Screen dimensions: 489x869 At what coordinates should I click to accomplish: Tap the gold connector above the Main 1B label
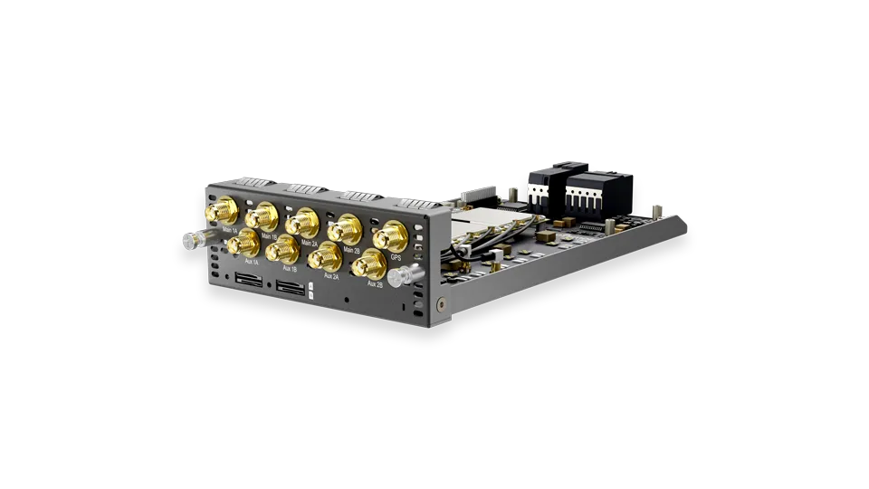point(262,216)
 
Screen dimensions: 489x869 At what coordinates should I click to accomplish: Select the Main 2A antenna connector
point(302,222)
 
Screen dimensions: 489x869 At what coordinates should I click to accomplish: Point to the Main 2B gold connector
point(345,227)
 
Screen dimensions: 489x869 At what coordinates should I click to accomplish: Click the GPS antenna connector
point(390,236)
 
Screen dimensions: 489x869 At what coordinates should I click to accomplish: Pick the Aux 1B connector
point(282,247)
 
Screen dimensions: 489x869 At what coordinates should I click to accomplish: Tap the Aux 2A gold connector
point(324,256)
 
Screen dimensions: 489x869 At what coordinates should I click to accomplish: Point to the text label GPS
point(396,256)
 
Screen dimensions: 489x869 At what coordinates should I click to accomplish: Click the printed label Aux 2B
point(376,283)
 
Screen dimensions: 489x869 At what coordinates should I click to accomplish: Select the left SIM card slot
point(247,281)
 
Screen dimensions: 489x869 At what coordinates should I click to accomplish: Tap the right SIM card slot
point(291,289)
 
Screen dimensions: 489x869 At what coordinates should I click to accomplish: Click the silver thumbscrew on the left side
point(192,241)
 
